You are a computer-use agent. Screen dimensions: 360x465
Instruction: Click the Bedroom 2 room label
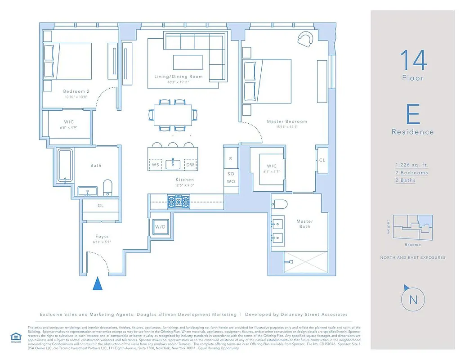tap(76, 91)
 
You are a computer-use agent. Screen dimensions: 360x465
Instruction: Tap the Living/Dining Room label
tap(179, 76)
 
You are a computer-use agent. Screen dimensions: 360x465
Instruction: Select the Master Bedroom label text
tap(287, 121)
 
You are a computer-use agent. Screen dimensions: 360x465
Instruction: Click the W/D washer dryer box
tap(161, 227)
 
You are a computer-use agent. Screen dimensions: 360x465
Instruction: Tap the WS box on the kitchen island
tap(156, 165)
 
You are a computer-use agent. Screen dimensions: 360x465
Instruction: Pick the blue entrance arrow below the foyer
tap(97, 284)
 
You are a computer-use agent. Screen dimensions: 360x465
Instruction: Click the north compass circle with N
tap(413, 299)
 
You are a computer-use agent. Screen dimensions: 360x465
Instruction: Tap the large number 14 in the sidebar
tap(413, 60)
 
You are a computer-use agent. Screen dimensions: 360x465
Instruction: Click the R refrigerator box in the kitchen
tap(231, 158)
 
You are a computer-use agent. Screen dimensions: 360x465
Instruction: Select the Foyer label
tap(102, 236)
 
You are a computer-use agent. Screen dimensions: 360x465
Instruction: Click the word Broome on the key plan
tap(412, 245)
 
